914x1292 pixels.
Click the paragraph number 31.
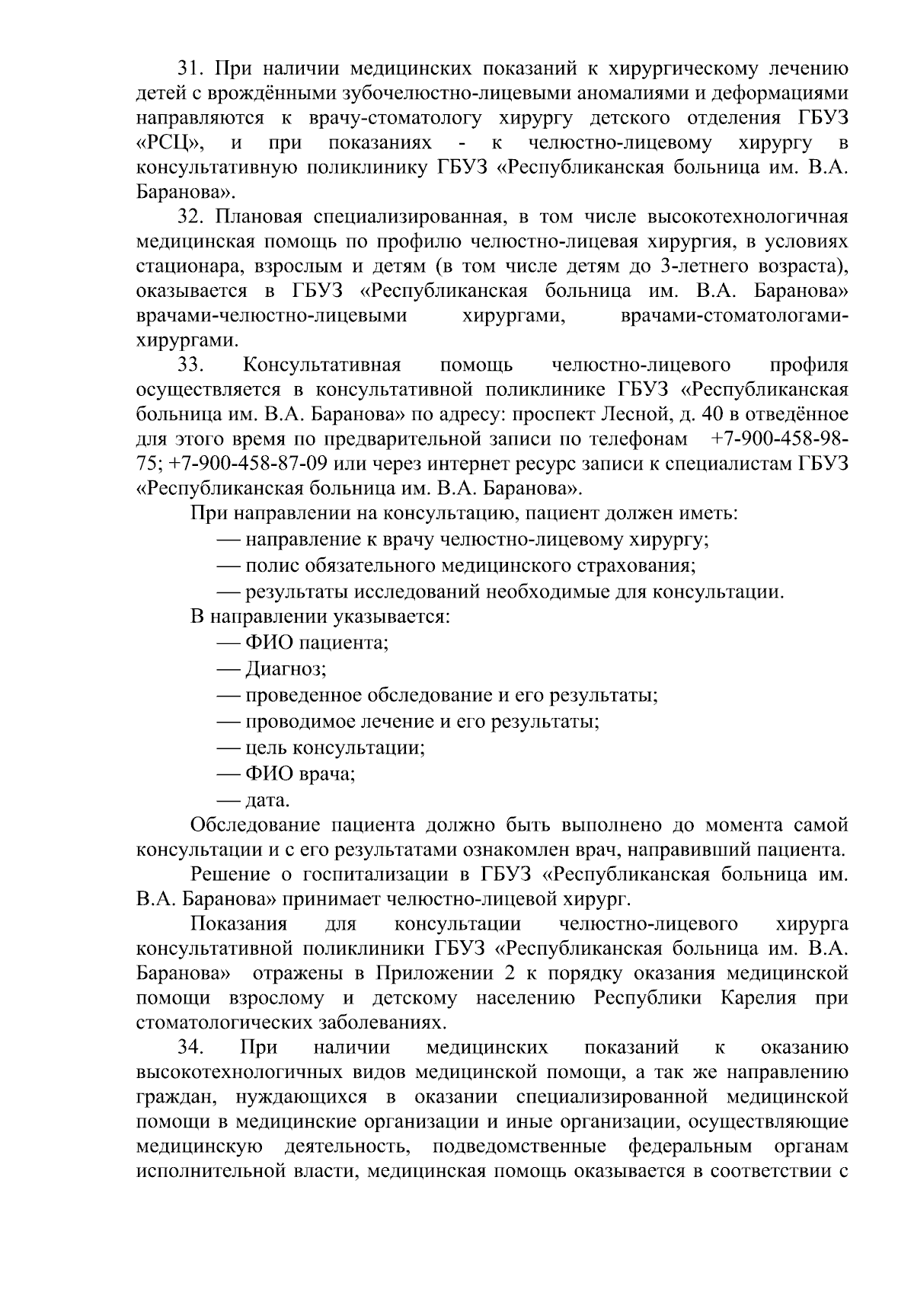click(x=190, y=69)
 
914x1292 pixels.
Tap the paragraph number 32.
click(x=190, y=217)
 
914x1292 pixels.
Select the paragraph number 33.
click(x=190, y=365)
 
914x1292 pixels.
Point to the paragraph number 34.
click(x=190, y=1048)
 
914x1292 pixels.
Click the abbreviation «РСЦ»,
click(x=168, y=143)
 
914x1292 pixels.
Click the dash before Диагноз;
click(x=228, y=670)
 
